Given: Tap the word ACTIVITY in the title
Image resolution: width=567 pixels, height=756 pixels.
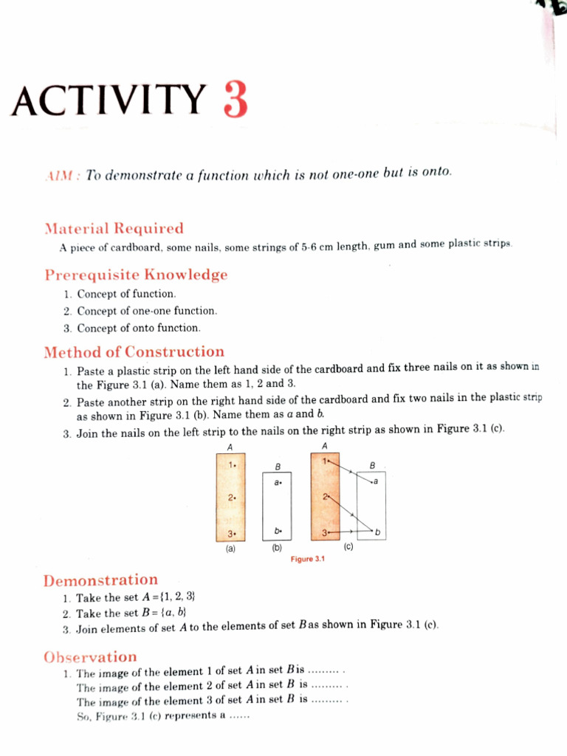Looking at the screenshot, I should [109, 101].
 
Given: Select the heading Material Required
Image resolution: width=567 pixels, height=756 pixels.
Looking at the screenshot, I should [114, 228].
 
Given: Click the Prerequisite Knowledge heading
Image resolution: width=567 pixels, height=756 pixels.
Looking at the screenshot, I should [136, 275].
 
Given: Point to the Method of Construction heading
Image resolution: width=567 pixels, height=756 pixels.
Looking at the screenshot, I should [134, 351].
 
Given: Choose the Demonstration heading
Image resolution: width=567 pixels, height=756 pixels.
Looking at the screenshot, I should [100, 580].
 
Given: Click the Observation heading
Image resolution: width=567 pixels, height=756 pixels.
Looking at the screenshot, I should [90, 656].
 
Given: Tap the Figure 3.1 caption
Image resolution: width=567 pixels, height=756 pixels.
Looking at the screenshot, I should [309, 559].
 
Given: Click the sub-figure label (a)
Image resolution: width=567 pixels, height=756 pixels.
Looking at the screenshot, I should [231, 549].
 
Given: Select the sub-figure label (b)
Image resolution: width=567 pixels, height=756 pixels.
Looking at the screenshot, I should [277, 549].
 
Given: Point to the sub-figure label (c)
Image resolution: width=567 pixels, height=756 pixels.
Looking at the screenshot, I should [348, 548].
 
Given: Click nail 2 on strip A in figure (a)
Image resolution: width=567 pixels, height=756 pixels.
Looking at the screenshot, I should [232, 498].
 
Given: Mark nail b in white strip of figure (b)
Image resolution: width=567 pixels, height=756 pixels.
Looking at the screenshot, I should [278, 530].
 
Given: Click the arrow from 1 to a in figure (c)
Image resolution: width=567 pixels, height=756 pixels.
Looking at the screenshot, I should [349, 472].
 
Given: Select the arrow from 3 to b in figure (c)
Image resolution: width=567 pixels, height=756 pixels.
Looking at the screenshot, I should [349, 531].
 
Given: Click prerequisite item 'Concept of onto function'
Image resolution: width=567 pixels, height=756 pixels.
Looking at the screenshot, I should [138, 328].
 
